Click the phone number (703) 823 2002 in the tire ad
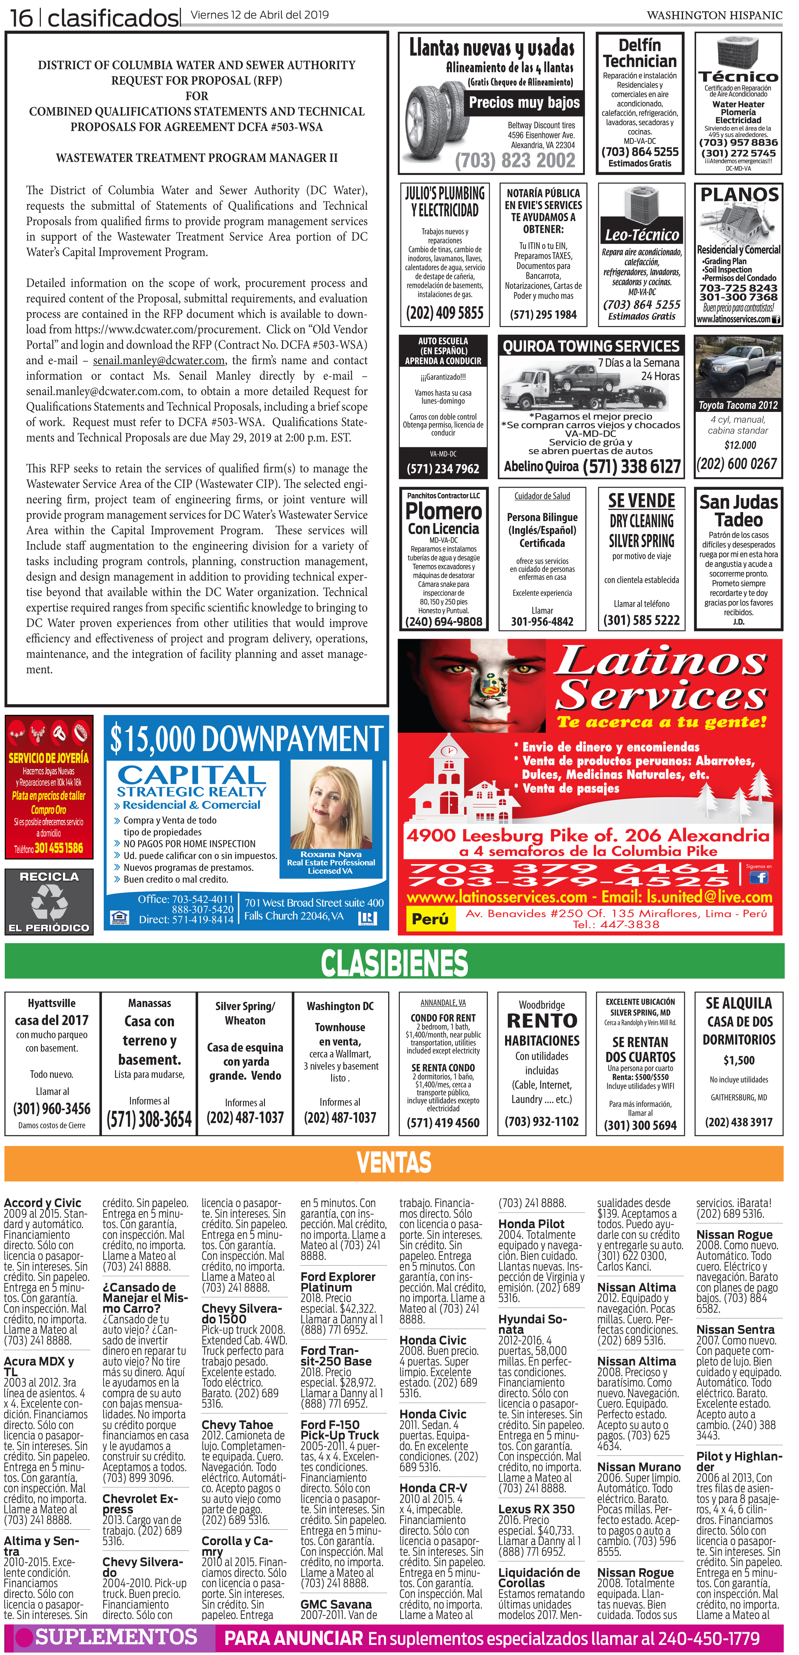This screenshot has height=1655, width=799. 515,161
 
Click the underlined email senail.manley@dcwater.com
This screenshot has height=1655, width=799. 159,360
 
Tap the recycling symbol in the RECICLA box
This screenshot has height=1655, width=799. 49,901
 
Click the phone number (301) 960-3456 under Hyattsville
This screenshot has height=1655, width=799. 52,1108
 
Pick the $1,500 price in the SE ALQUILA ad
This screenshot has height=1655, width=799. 739,1060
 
